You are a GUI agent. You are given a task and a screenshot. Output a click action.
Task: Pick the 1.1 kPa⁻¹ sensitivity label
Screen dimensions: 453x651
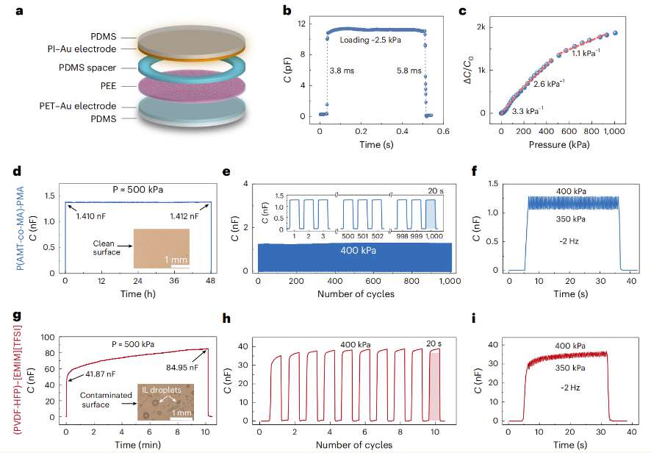coord(587,53)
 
